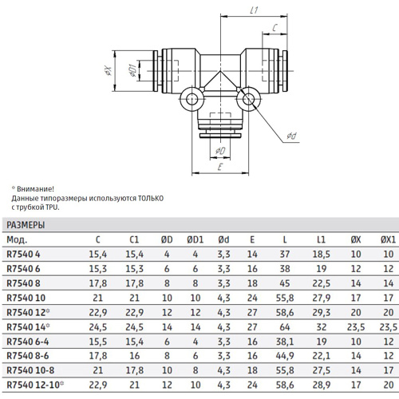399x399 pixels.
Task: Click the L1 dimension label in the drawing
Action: coord(255,10)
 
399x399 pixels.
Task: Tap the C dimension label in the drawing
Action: coord(275,27)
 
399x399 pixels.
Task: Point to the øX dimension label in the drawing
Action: coord(109,71)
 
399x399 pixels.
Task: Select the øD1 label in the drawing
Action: coord(132,71)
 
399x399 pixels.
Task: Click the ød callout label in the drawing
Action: coord(291,136)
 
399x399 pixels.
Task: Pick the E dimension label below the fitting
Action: coord(220,167)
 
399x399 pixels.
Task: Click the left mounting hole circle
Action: coord(191,100)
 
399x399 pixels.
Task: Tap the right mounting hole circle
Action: coord(248,100)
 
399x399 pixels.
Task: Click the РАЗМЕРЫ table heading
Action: coord(26,225)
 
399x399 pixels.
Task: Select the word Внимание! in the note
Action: coord(35,189)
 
